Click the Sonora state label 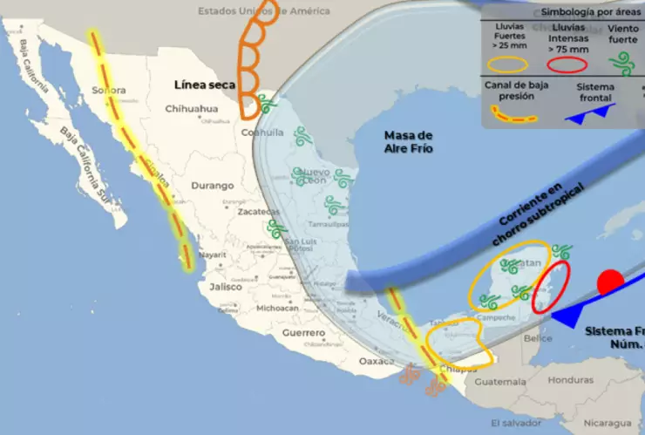[109, 90]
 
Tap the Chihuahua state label [192, 109]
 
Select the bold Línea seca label [204, 85]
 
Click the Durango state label [213, 186]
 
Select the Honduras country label [571, 380]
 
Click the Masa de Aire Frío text [409, 142]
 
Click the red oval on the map [552, 286]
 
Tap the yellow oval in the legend [508, 64]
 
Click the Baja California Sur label [85, 165]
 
